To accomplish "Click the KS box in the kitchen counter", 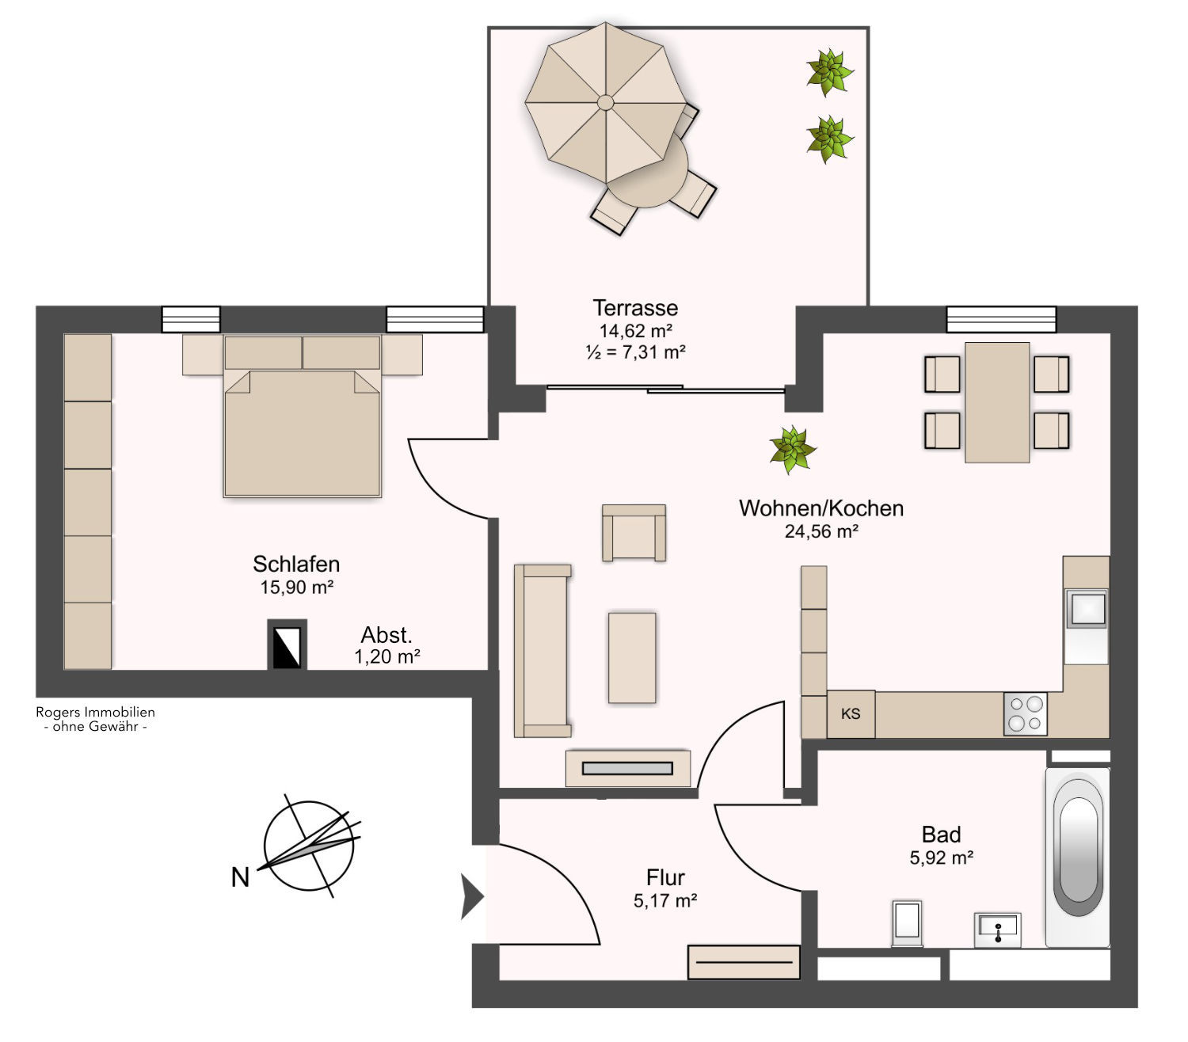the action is (851, 713).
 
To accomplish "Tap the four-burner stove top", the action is (1025, 713).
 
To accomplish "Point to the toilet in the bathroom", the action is (907, 923).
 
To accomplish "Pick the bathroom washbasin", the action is (997, 930).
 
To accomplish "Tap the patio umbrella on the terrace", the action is (605, 103).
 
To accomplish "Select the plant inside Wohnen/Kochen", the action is (793, 449).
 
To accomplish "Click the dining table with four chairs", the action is (997, 402).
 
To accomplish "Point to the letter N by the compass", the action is (241, 878).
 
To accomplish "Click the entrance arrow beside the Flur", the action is (472, 896).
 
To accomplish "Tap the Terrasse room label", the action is (635, 308).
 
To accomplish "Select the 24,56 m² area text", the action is (821, 531).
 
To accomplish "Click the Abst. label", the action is (386, 634).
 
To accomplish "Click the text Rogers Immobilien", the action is (96, 712).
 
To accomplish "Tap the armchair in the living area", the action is (634, 532).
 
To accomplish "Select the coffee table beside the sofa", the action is (631, 657).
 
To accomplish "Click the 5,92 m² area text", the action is (942, 858).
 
